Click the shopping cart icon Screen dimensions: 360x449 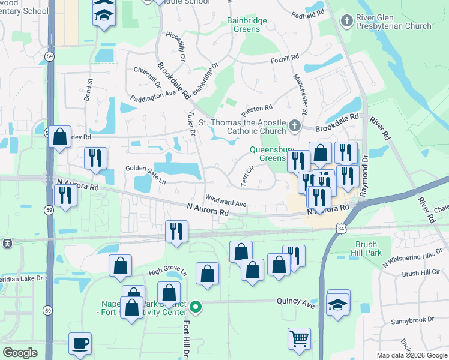click(x=299, y=338)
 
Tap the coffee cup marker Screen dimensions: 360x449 click(x=80, y=344)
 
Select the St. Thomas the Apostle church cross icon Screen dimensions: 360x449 click(x=294, y=126)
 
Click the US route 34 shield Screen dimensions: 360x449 click(x=341, y=229)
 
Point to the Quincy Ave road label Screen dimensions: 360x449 click(x=296, y=304)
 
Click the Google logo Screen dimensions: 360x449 click(x=20, y=353)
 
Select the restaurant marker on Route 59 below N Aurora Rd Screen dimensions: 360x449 click(x=65, y=196)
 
